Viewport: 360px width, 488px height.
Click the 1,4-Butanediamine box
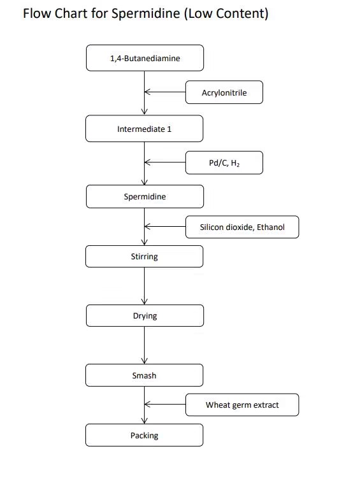coord(145,58)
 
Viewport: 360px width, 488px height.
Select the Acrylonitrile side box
coord(224,92)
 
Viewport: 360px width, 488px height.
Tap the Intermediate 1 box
coord(145,129)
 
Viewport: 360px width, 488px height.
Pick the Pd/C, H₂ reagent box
coord(224,162)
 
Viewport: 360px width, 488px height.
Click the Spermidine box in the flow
coord(145,196)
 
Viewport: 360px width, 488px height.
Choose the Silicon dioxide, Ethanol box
coord(242,227)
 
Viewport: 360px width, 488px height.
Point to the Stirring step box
coord(145,256)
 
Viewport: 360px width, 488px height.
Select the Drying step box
coord(145,315)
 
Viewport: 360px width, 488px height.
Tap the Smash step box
coord(145,375)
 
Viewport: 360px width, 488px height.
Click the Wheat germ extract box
coord(242,405)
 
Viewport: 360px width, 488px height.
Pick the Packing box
coord(145,435)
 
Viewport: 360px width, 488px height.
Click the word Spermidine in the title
coord(146,14)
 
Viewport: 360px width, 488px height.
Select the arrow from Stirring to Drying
coord(145,285)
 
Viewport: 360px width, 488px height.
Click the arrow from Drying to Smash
coord(145,345)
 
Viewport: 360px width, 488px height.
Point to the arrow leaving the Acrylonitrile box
coord(165,92)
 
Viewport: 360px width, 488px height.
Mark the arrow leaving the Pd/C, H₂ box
coord(165,162)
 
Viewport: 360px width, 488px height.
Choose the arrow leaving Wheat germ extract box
coord(165,405)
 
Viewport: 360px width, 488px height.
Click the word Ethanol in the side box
coord(270,227)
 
